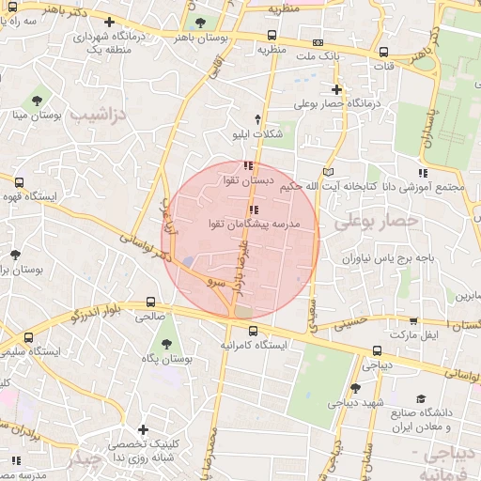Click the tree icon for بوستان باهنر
tap(198, 23)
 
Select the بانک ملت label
tap(317, 56)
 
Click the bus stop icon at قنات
tap(383, 53)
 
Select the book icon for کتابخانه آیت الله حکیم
tap(327, 172)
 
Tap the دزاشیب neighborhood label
tap(97, 116)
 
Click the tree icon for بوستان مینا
tap(37, 99)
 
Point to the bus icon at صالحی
tap(151, 303)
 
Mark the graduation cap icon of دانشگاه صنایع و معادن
tap(421, 398)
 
